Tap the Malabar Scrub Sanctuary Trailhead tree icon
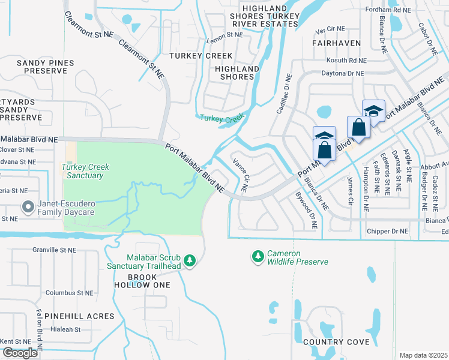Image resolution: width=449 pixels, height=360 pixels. tap(190, 260)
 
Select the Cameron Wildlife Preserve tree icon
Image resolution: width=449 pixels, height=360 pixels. tap(258, 257)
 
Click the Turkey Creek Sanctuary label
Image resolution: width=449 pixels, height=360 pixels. tap(83, 171)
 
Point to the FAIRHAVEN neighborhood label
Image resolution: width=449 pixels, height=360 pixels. tap(336, 43)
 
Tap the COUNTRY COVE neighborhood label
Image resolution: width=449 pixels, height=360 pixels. tap(336, 342)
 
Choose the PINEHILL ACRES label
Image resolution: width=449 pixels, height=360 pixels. tap(83, 316)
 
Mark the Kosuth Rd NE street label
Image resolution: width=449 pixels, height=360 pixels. tap(346, 61)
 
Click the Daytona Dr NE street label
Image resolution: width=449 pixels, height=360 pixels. tap(343, 73)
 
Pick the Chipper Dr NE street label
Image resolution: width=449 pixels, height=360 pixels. tap(387, 231)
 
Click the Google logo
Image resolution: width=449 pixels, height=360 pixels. tap(20, 353)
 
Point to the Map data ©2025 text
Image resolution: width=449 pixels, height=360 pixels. tap(423, 355)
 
